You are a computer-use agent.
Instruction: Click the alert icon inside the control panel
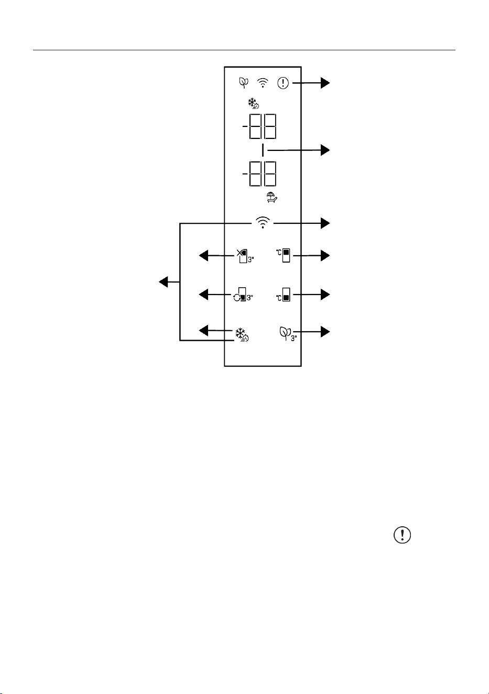tap(283, 83)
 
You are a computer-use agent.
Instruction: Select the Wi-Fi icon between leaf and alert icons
tap(263, 83)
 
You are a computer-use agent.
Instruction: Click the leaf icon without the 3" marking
tap(244, 82)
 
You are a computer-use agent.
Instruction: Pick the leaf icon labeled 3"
tap(288, 334)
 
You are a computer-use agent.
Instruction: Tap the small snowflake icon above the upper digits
tap(254, 104)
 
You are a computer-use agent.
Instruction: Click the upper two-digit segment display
tap(259, 126)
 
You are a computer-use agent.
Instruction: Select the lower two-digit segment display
tap(259, 174)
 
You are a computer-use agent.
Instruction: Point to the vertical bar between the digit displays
tap(263, 150)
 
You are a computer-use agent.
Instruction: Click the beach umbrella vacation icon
tap(272, 198)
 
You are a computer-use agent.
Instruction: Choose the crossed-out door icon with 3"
tap(245, 256)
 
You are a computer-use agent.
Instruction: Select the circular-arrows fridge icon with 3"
tap(243, 295)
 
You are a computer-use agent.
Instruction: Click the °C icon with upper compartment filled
tap(283, 255)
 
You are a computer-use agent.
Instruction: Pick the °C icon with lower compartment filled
tap(283, 295)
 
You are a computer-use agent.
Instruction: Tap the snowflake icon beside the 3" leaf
tap(242, 334)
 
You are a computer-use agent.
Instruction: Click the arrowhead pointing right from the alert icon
tap(325, 83)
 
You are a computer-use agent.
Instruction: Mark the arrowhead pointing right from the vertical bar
tap(325, 150)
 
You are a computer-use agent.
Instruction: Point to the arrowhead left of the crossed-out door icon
tap(203, 256)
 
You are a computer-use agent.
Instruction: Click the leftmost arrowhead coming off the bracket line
tap(164, 282)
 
